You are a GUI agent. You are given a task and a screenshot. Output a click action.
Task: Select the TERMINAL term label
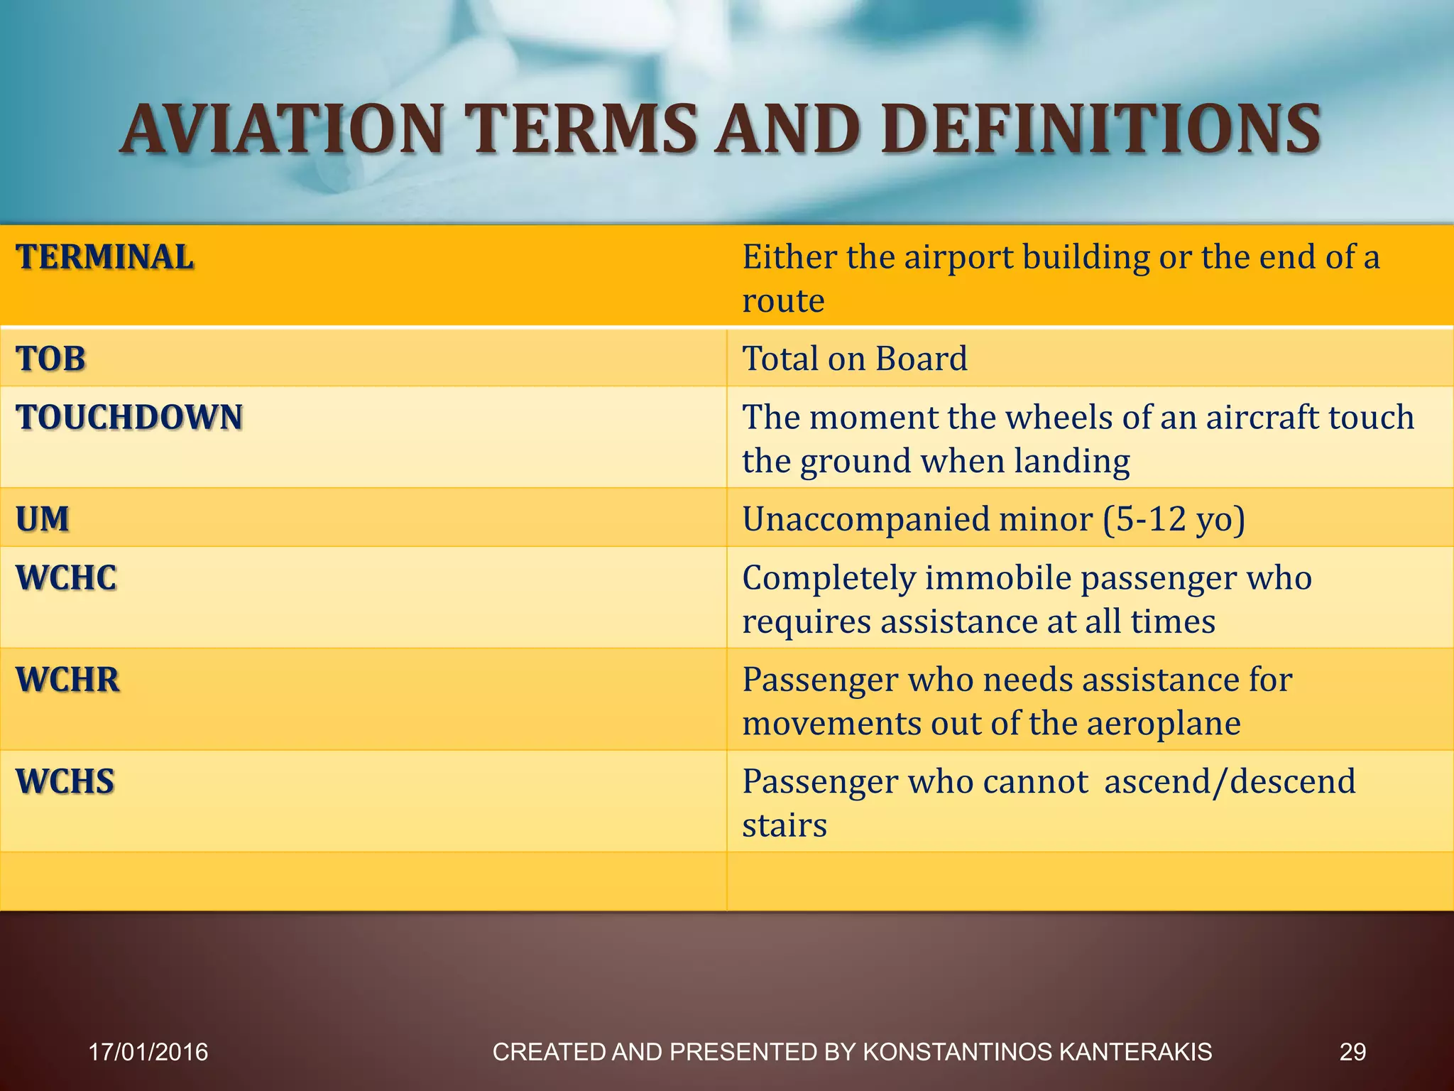pyautogui.click(x=105, y=257)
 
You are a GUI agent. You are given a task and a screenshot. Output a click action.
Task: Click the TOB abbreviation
pyautogui.click(x=50, y=359)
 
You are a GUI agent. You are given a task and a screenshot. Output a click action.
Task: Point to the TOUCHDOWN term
pyautogui.click(x=129, y=417)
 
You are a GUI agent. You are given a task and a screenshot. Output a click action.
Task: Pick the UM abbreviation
pyautogui.click(x=43, y=519)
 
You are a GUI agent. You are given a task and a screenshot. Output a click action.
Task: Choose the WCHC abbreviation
pyautogui.click(x=66, y=577)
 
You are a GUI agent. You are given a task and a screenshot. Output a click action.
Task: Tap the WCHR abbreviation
pyautogui.click(x=67, y=680)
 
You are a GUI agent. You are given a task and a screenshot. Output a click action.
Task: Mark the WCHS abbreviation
pyautogui.click(x=65, y=781)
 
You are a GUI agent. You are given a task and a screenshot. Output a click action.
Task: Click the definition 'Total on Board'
pyautogui.click(x=854, y=359)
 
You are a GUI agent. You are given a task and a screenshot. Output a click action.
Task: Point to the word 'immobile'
pyautogui.click(x=997, y=577)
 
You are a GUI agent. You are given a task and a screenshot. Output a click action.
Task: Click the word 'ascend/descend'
pyautogui.click(x=1230, y=781)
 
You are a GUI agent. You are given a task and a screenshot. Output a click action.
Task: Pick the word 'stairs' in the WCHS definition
pyautogui.click(x=785, y=826)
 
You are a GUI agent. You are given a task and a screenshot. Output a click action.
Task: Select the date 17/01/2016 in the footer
pyautogui.click(x=148, y=1052)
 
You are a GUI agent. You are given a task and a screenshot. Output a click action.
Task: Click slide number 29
pyautogui.click(x=1352, y=1052)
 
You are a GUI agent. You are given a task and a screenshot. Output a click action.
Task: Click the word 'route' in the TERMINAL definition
pyautogui.click(x=783, y=301)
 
